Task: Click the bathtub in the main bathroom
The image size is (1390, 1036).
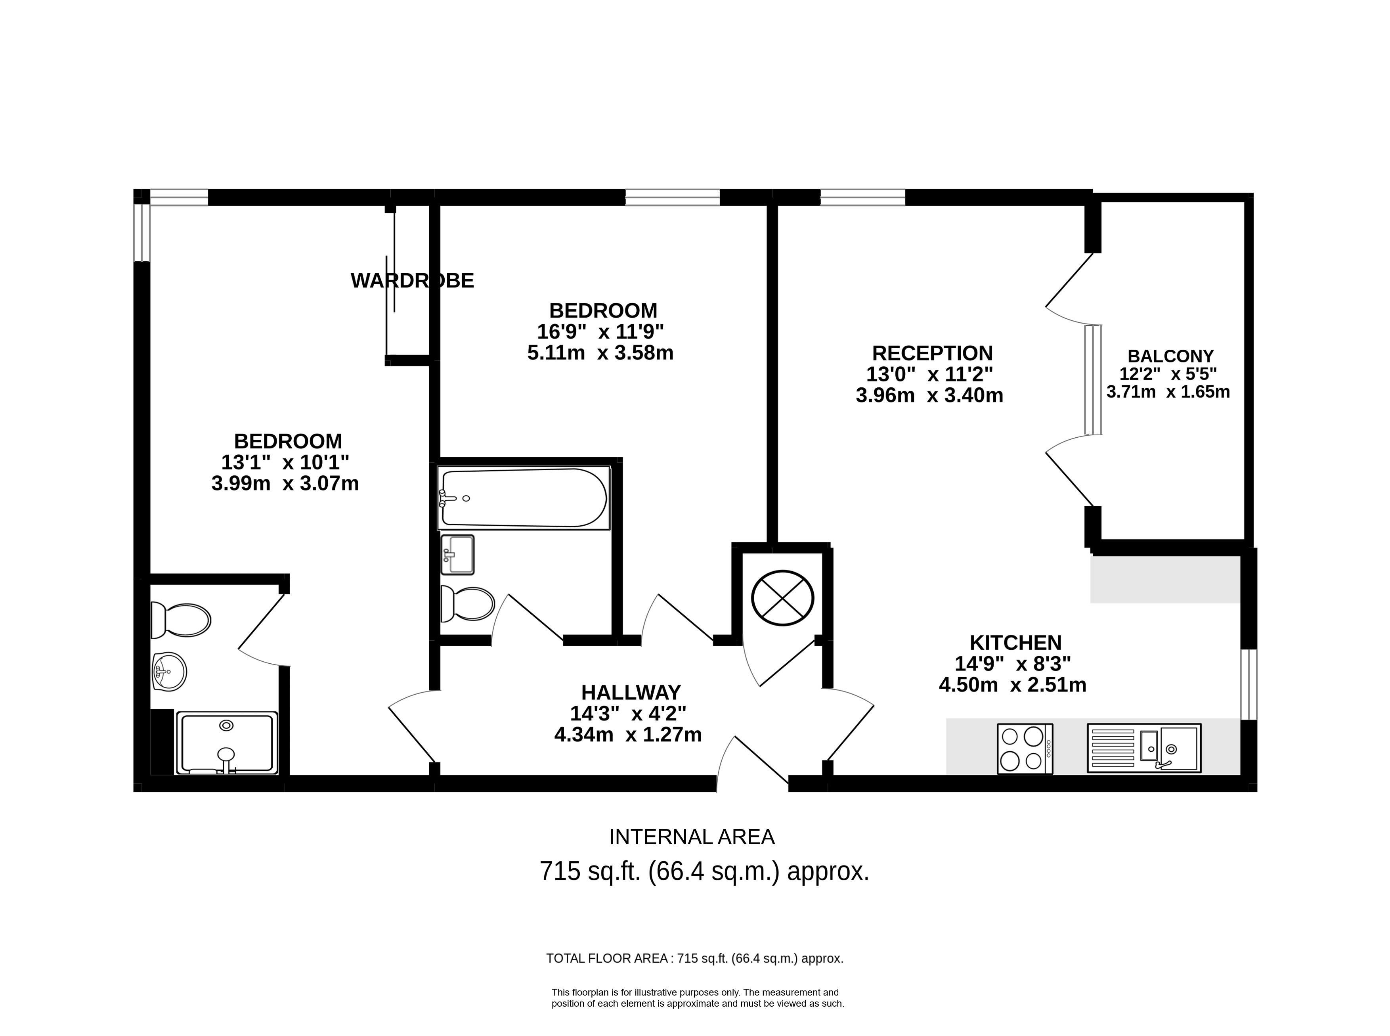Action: pos(524,498)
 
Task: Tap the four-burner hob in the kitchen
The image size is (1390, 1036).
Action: pos(1025,749)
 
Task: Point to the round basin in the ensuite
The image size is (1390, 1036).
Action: pos(169,672)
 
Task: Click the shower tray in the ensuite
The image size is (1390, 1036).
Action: pos(227,743)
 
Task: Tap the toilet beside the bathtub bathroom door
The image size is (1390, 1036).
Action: pos(467,603)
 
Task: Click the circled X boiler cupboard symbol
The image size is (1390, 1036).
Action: pos(782,597)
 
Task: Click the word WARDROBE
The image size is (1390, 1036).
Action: pos(412,280)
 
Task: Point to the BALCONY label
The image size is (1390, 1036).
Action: pos(1170,356)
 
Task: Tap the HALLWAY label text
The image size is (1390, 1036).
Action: pos(631,692)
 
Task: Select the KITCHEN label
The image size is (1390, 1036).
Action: pos(1016,643)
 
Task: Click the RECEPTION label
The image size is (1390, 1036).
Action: pos(932,353)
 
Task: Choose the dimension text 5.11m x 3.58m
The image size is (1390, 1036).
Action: pos(600,353)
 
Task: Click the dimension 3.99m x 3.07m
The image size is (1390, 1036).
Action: pos(285,484)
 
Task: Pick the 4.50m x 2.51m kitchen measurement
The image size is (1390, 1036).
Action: pos(1013,685)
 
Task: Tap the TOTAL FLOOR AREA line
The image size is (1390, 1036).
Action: pos(695,958)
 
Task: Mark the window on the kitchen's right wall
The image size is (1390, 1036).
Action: pos(1249,684)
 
